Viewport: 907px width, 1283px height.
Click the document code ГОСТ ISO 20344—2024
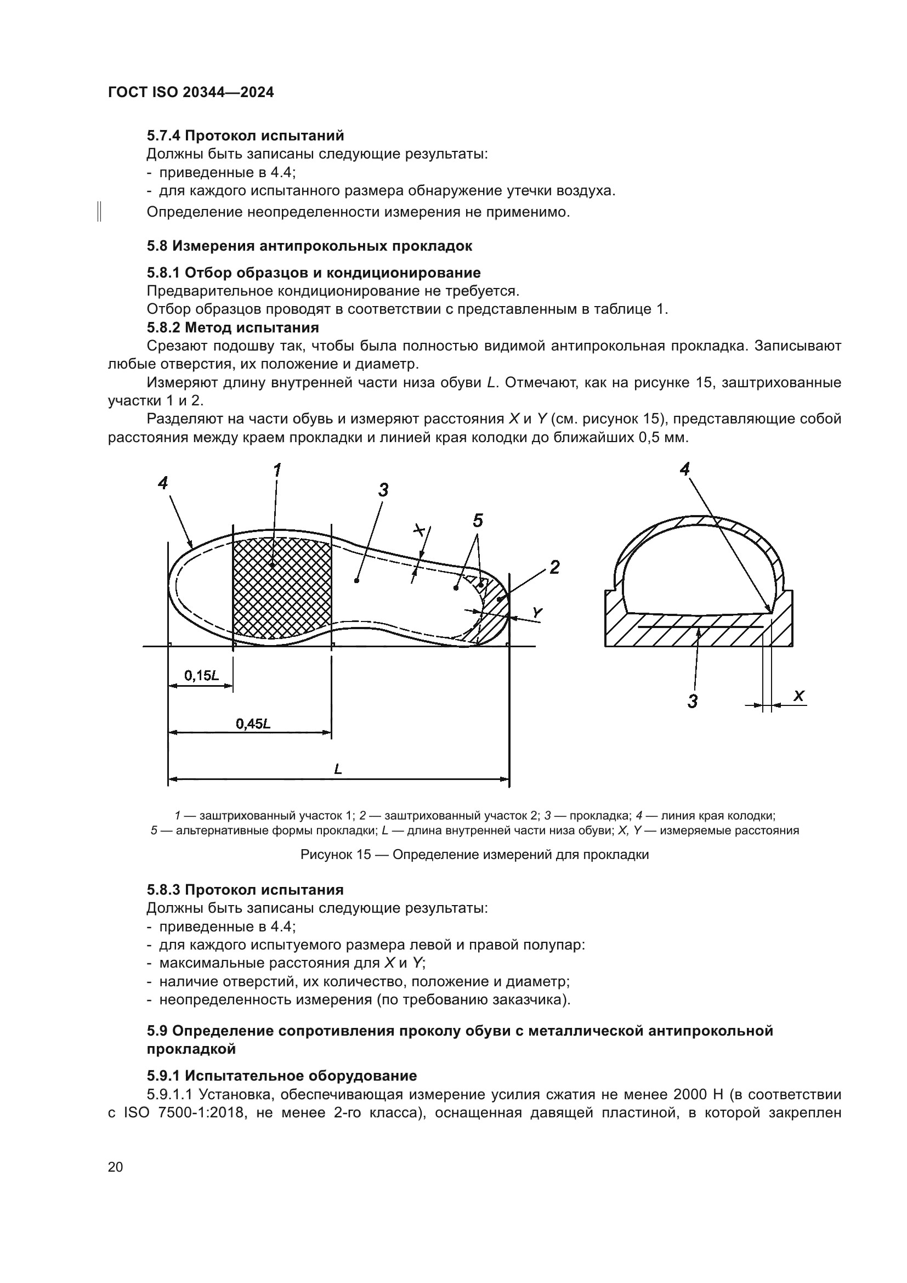point(190,93)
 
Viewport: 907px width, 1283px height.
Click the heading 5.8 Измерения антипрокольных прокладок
point(309,246)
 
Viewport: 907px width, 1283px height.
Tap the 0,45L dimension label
point(252,724)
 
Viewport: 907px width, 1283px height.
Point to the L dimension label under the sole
point(338,770)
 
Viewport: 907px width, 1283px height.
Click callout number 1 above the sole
point(276,471)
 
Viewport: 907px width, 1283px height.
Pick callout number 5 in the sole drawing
point(478,521)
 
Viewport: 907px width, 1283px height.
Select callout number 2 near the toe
point(554,568)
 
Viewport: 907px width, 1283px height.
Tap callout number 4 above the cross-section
point(685,470)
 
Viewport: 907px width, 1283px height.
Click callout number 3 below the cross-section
point(693,700)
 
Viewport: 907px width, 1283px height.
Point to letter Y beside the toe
point(537,613)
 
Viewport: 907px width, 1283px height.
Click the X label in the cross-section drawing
point(798,696)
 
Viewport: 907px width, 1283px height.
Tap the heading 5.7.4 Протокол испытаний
point(245,136)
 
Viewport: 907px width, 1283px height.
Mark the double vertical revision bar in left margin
point(99,212)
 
